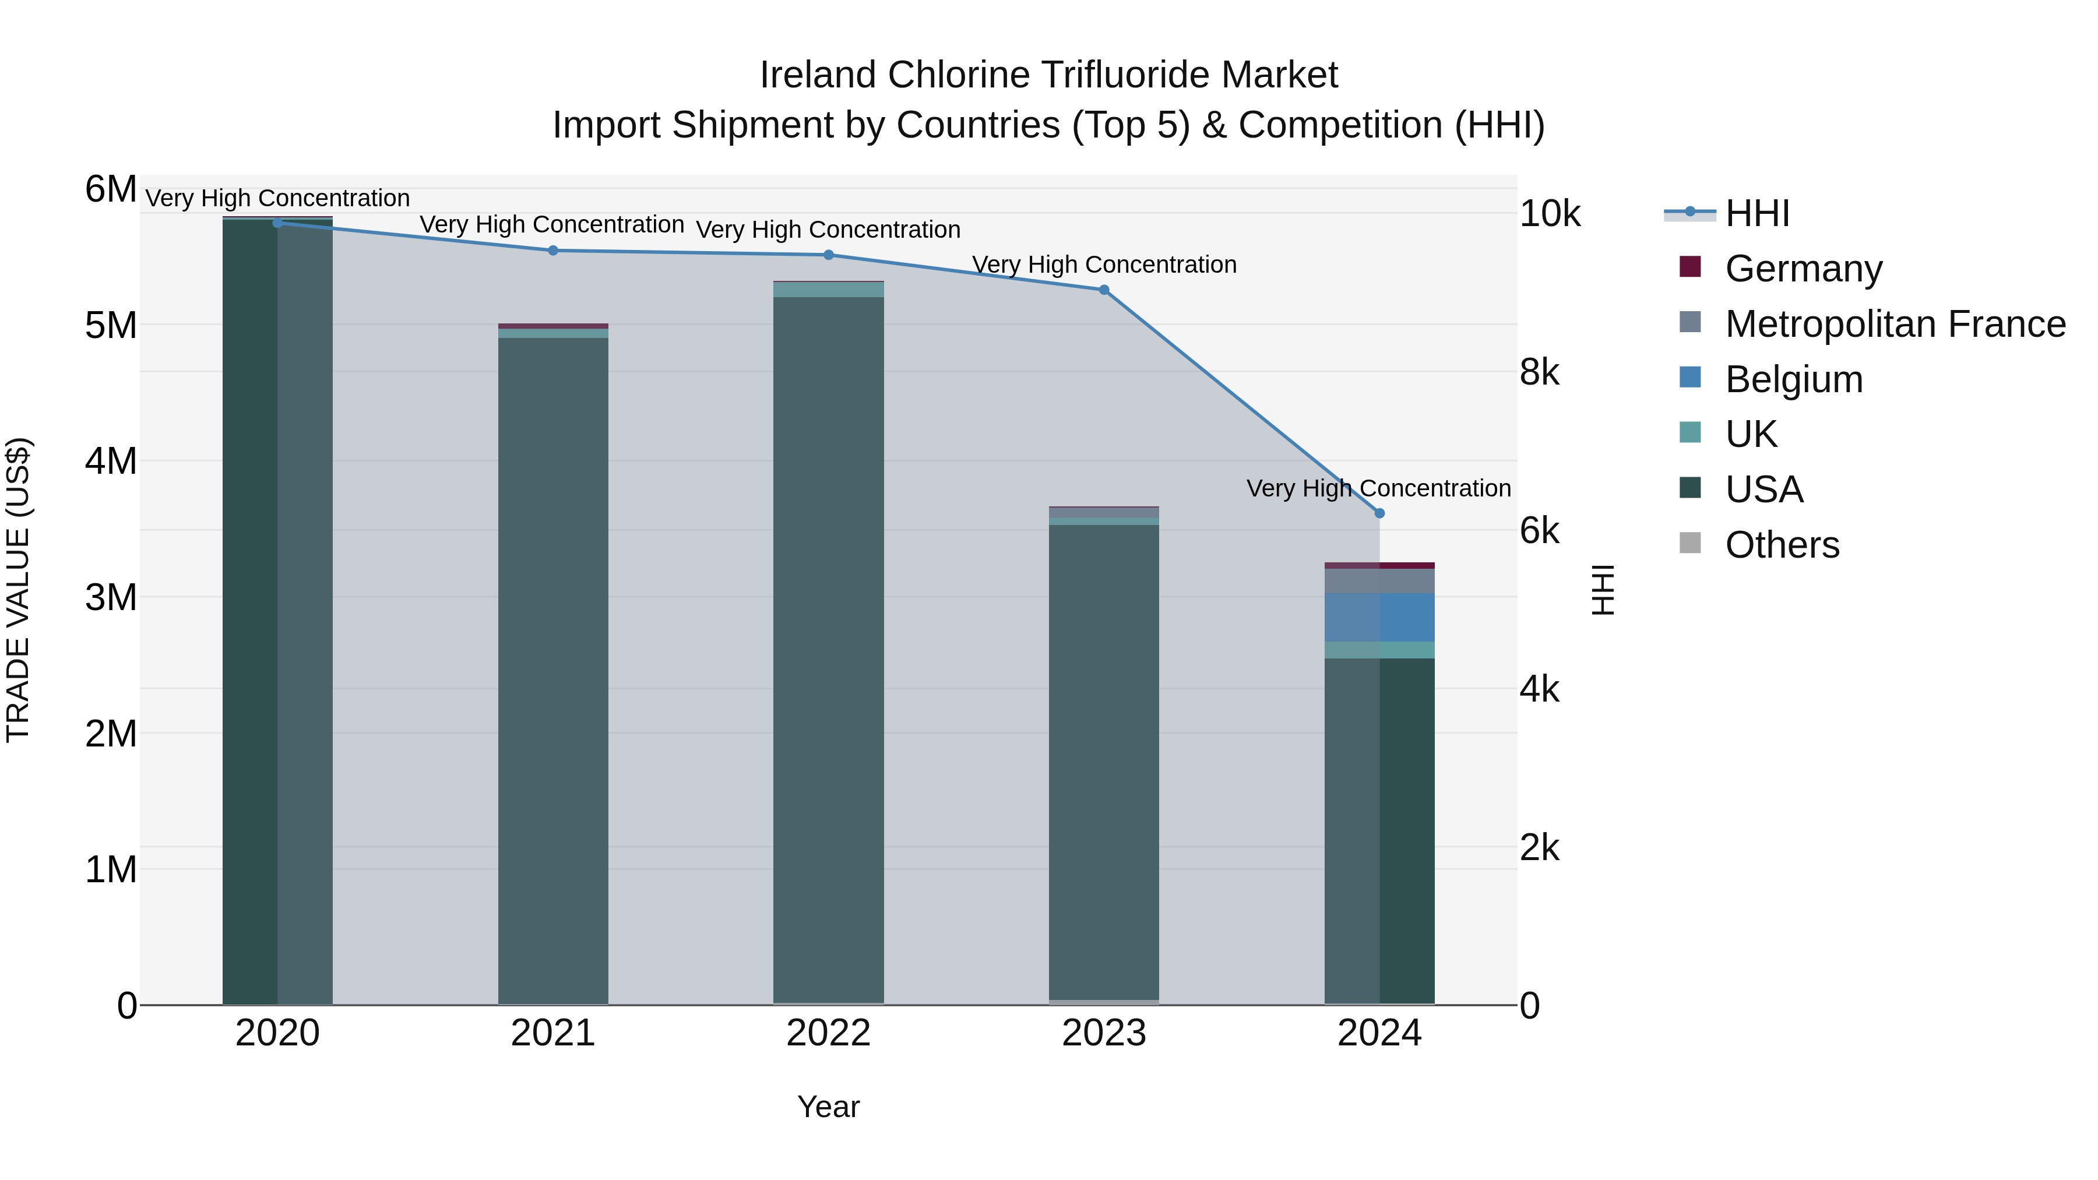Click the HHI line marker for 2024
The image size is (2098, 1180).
(1379, 513)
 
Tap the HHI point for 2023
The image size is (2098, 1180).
(1104, 289)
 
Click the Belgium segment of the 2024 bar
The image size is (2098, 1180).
(1379, 617)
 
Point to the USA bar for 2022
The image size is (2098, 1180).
(828, 651)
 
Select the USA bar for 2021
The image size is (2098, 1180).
(553, 668)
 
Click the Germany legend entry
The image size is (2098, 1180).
(1803, 269)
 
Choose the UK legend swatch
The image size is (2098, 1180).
(1690, 433)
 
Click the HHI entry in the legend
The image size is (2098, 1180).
(1756, 213)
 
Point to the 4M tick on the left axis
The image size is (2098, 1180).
(111, 461)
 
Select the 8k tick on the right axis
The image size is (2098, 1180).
(1539, 372)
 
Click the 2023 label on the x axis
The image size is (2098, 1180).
(1104, 1033)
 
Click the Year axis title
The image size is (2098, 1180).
(828, 1107)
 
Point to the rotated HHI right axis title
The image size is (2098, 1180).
(1602, 590)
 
